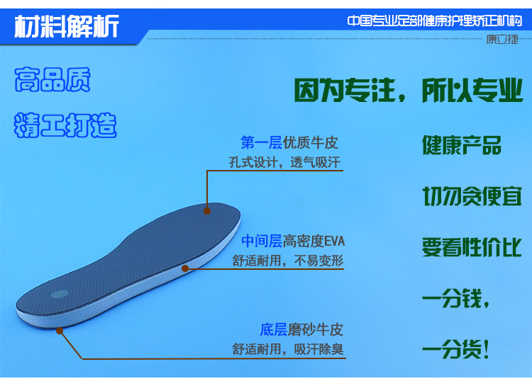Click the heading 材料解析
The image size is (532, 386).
(67, 26)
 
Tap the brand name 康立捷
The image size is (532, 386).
(502, 40)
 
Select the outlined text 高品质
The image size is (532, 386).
(52, 79)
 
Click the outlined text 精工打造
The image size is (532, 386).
(65, 125)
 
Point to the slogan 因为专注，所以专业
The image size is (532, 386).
(408, 90)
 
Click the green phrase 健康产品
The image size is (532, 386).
(462, 145)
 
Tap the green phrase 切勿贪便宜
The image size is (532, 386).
(472, 196)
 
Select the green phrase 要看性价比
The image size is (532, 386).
(472, 247)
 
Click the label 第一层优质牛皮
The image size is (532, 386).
(289, 142)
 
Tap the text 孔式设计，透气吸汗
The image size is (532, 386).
(284, 162)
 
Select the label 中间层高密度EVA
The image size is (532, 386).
(293, 242)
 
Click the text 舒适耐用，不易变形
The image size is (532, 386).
(288, 261)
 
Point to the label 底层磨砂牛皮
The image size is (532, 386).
(301, 330)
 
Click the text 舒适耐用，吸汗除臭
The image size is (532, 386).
(288, 349)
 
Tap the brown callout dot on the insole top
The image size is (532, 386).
(207, 211)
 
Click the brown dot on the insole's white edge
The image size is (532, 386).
(185, 268)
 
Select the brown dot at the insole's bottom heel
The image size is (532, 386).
(60, 331)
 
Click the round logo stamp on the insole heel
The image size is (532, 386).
(60, 294)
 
